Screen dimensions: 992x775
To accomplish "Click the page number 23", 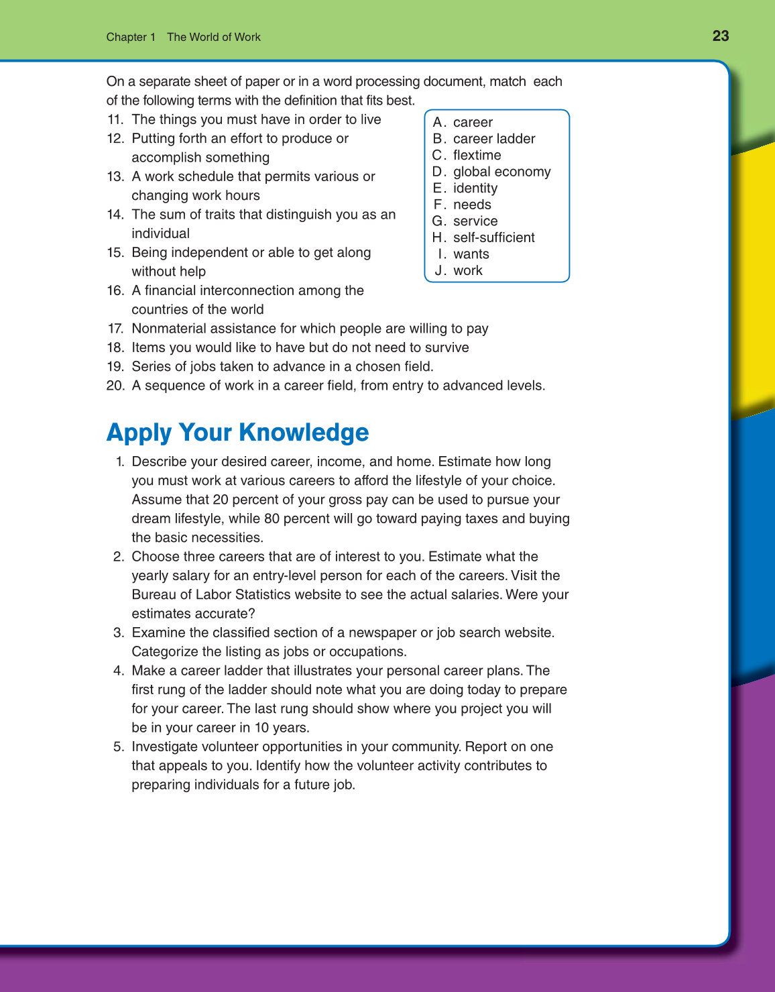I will click(720, 36).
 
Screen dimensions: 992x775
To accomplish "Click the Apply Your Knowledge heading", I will click(237, 433).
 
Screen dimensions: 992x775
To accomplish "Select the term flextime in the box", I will click(477, 155).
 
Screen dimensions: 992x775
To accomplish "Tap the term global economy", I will click(501, 172).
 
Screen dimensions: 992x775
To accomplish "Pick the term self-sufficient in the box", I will click(493, 237).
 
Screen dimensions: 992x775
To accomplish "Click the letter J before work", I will click(440, 270).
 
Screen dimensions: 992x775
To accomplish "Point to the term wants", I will click(471, 254).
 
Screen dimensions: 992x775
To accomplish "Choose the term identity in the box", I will click(475, 188).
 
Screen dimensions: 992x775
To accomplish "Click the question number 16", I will click(115, 290).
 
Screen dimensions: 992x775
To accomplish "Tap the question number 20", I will click(115, 386).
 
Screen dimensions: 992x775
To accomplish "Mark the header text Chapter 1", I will click(131, 37).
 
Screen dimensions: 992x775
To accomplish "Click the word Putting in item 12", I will click(154, 138).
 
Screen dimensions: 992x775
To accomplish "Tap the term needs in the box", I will click(472, 205).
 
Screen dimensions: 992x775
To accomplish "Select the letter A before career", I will click(439, 122).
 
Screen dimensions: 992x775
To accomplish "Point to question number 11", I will click(115, 119).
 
